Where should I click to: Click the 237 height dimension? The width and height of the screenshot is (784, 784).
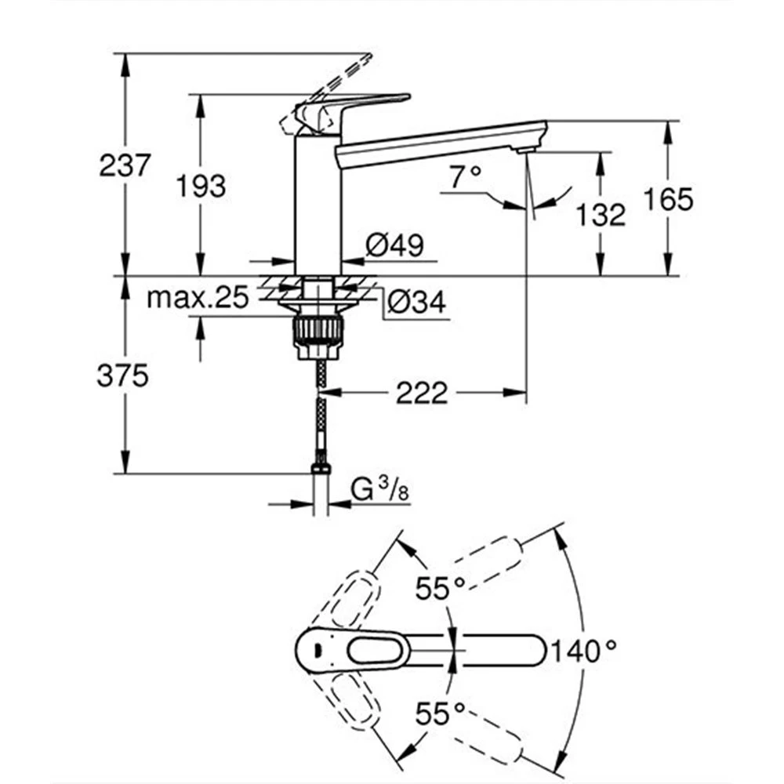(125, 165)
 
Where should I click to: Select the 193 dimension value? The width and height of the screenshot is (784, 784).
(201, 186)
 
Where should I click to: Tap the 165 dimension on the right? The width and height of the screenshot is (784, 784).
(668, 199)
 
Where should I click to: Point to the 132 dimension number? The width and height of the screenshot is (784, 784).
(601, 215)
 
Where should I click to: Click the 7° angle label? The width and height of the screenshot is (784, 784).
(465, 177)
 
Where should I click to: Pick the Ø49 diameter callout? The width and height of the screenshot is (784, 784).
(394, 245)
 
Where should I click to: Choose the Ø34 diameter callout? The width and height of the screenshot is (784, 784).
(416, 302)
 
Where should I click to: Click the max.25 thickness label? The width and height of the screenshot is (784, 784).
(198, 298)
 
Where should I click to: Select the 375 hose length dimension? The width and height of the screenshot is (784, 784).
(122, 376)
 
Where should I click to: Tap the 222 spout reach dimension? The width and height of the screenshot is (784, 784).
(422, 393)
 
